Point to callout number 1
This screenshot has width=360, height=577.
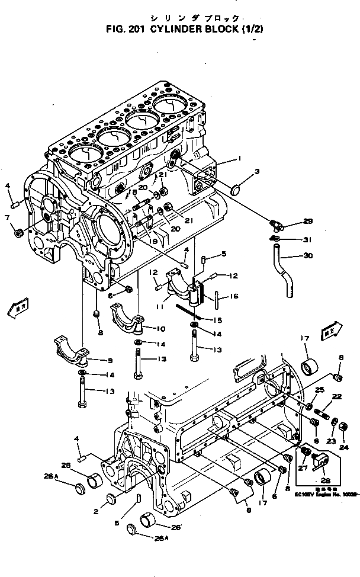[239, 158]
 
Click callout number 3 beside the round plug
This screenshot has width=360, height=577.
[257, 172]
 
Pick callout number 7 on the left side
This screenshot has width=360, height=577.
[7, 217]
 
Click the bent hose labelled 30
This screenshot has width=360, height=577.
[284, 273]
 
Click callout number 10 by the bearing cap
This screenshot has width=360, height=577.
[161, 329]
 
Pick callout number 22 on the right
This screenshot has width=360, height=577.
[336, 396]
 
